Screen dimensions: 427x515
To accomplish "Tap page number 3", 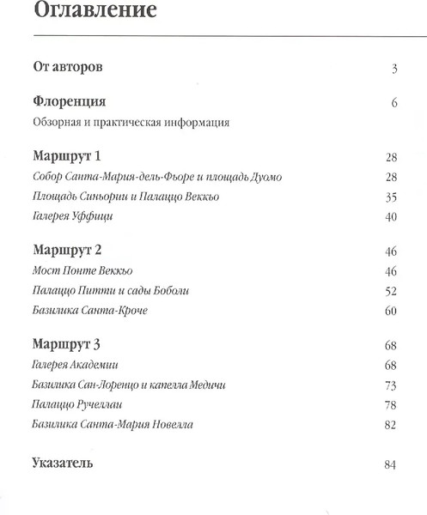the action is tap(393, 69).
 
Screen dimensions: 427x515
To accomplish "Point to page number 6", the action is tap(393, 104).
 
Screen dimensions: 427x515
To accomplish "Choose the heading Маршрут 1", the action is tap(67, 157).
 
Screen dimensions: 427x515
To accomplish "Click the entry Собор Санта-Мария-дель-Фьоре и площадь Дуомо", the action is tap(156, 177).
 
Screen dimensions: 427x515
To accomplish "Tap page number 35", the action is tap(390, 197).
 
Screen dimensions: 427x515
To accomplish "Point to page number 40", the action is tap(390, 217).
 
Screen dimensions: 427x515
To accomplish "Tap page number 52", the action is tap(390, 291).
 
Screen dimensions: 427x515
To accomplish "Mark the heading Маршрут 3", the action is tap(67, 344).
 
